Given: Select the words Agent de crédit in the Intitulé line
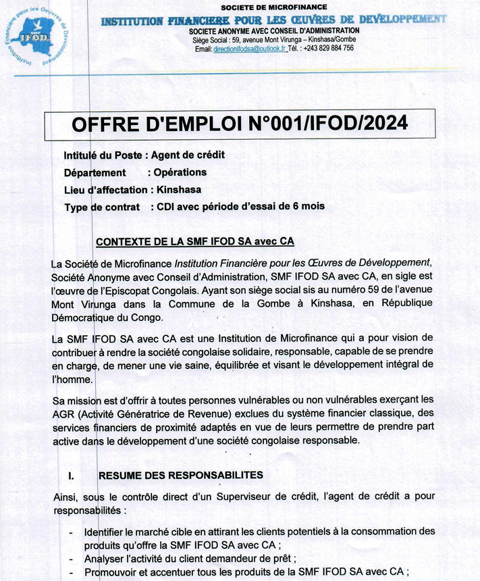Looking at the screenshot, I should coord(188,155).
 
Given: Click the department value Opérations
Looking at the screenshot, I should coord(180,172).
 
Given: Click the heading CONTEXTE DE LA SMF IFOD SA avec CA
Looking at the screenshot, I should coord(195,242).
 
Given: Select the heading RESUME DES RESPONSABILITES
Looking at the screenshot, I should coord(180,476).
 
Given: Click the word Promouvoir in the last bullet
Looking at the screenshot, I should coord(111,573).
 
